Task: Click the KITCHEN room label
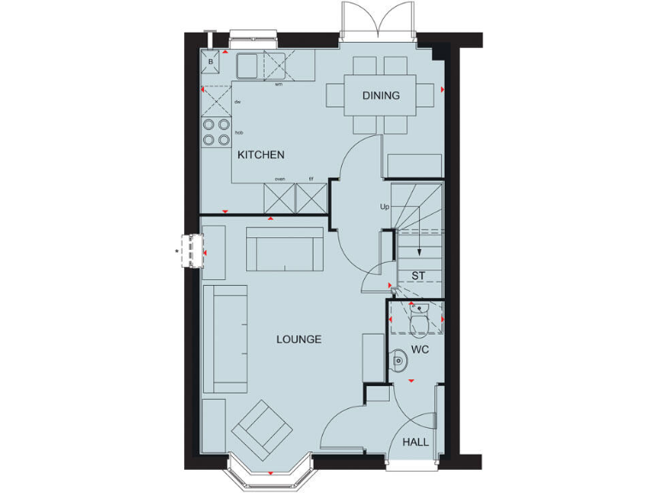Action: (260, 155)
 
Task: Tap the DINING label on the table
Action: (380, 95)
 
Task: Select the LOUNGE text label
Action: (298, 340)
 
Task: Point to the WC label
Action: (420, 351)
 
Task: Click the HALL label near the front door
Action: (416, 443)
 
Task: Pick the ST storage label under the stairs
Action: (418, 276)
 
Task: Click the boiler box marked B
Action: (210, 62)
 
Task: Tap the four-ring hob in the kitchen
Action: (216, 131)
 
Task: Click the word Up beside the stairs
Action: (385, 207)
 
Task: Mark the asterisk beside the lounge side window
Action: (177, 251)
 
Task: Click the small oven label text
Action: (279, 179)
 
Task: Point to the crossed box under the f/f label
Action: (311, 199)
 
